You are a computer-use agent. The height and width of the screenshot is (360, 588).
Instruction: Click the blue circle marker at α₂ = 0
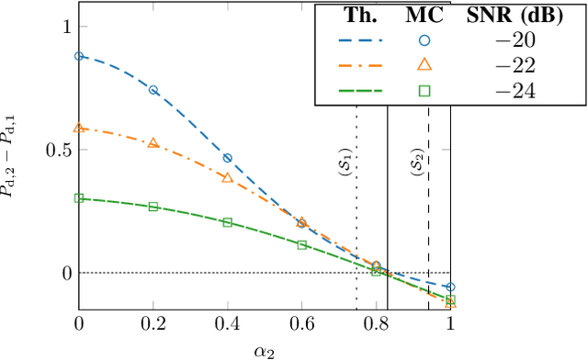pyautogui.click(x=79, y=56)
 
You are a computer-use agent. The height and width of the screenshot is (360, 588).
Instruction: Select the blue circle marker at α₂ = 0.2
pyautogui.click(x=153, y=90)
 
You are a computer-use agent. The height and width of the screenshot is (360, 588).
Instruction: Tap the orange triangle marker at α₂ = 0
pyautogui.click(x=79, y=128)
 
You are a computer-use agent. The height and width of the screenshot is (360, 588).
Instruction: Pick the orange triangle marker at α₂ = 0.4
pyautogui.click(x=228, y=177)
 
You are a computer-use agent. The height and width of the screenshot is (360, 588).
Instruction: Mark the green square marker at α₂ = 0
pyautogui.click(x=79, y=197)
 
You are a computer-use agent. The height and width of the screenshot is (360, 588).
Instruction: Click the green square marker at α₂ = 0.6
pyautogui.click(x=302, y=245)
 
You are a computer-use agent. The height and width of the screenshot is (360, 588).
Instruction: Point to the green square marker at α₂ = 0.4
pyautogui.click(x=228, y=222)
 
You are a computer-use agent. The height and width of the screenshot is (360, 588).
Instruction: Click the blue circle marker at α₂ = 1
pyautogui.click(x=450, y=287)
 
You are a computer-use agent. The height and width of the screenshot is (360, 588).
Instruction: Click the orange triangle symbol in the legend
pyautogui.click(x=424, y=64)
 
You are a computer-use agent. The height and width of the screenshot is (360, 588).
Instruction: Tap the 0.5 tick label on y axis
pyautogui.click(x=57, y=150)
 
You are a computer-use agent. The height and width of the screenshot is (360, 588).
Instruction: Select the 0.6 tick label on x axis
pyautogui.click(x=302, y=324)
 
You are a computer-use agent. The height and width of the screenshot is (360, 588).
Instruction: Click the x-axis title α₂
pyautogui.click(x=265, y=350)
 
